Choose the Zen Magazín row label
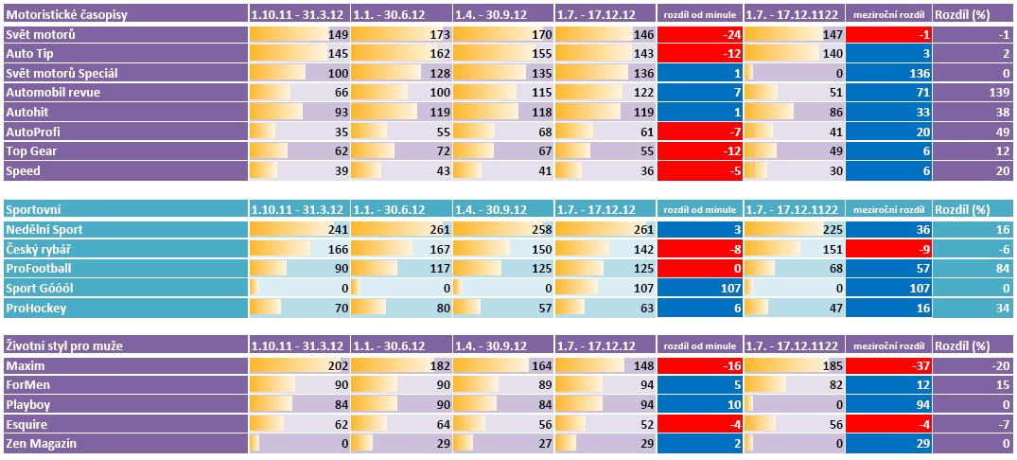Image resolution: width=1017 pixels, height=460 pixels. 42,443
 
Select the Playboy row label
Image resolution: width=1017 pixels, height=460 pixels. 27,404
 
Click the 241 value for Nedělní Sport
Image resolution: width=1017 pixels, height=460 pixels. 337,229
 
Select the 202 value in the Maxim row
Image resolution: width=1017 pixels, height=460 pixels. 337,365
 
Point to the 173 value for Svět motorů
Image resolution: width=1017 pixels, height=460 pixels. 438,35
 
